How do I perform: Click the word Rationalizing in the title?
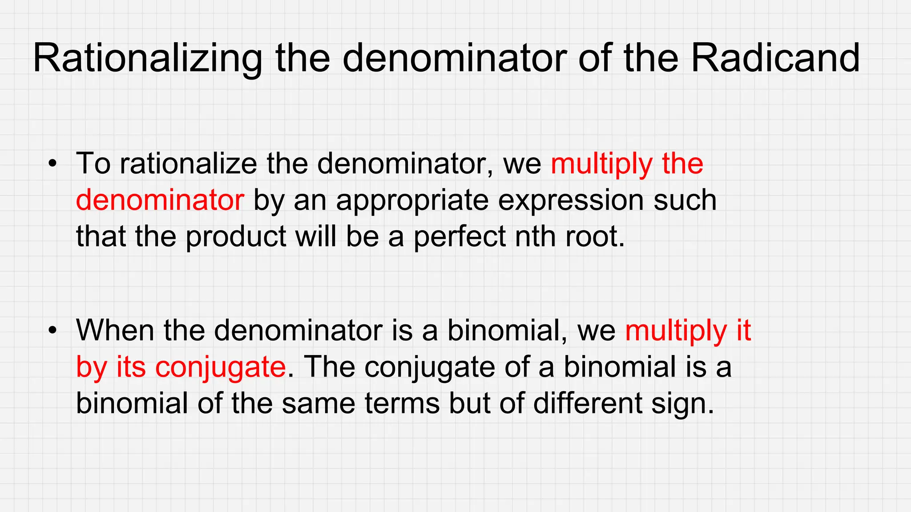click(x=147, y=58)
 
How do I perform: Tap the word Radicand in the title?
click(x=775, y=58)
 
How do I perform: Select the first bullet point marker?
click(x=53, y=164)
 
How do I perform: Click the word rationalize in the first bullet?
click(x=188, y=164)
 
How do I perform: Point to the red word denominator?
click(x=160, y=200)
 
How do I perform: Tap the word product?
click(x=236, y=236)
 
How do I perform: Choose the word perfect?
click(x=460, y=236)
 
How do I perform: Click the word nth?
click(x=536, y=236)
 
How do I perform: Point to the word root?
click(x=595, y=236)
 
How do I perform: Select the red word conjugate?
click(x=220, y=368)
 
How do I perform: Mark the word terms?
click(x=402, y=404)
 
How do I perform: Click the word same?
click(x=318, y=404)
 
